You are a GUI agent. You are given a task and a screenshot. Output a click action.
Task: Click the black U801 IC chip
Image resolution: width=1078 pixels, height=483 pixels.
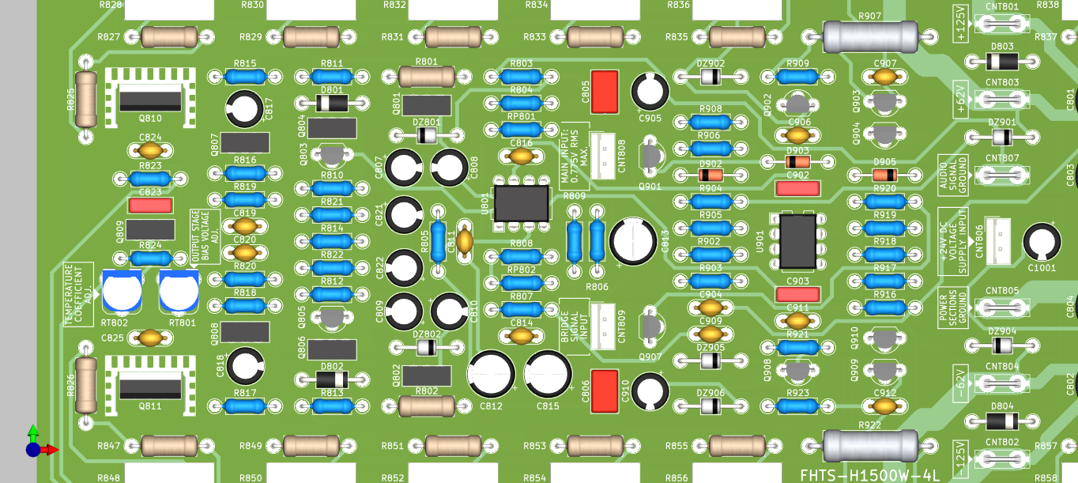522,204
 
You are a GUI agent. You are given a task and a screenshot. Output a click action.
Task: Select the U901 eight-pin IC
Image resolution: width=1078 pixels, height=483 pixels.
797,240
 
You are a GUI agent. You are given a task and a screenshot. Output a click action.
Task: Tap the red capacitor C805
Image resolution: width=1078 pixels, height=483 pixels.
605,92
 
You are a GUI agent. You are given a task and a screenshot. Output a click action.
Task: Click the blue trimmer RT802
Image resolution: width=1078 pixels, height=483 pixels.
122,291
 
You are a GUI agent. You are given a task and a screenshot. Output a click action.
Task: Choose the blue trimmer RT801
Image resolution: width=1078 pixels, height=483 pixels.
179,291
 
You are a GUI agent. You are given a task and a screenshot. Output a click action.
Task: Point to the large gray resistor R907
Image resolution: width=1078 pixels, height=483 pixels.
870,36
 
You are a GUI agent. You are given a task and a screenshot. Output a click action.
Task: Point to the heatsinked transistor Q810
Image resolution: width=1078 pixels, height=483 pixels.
150,98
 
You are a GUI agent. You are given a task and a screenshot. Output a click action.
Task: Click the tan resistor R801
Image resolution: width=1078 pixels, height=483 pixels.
426,76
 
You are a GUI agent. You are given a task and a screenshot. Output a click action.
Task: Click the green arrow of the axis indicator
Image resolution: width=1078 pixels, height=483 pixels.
32,432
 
